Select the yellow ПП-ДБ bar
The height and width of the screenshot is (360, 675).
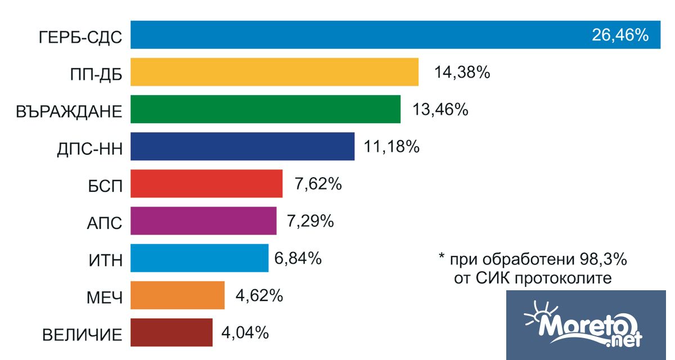pos(274,72)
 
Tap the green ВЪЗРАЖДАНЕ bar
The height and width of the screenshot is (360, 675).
pos(265,109)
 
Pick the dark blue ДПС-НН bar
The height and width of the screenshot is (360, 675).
pos(242,146)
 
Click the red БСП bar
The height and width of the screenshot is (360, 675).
pos(206,183)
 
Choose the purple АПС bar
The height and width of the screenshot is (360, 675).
pos(204,220)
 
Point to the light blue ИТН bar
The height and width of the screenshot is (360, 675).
pos(200,258)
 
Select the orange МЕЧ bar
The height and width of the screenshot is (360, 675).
pos(178,295)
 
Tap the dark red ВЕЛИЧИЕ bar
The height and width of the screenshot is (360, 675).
pos(172,332)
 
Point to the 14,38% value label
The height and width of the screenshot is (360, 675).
pos(462,72)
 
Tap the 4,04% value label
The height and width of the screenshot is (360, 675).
pos(245,332)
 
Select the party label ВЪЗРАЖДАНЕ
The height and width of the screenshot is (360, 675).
pos(69,111)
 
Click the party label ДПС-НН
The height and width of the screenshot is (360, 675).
pos(89,148)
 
